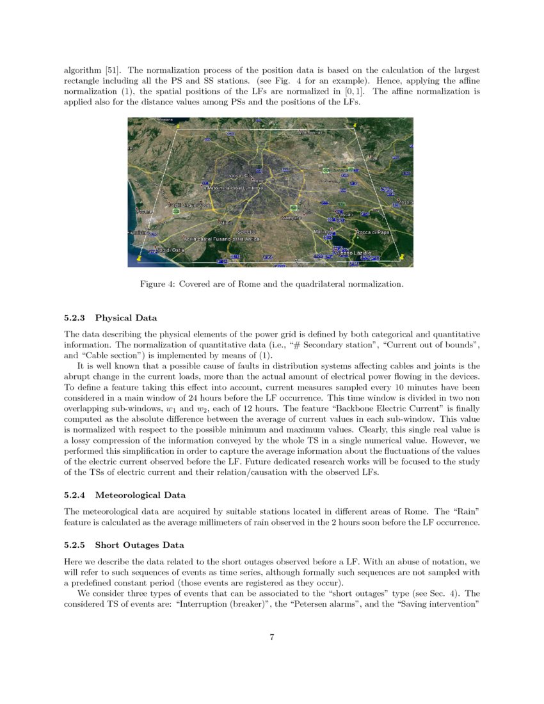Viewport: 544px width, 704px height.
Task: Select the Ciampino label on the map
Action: [291, 218]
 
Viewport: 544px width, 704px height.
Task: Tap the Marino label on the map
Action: [321, 231]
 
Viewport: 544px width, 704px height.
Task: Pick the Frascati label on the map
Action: [345, 214]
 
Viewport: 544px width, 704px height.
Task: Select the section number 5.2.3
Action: [76, 318]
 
